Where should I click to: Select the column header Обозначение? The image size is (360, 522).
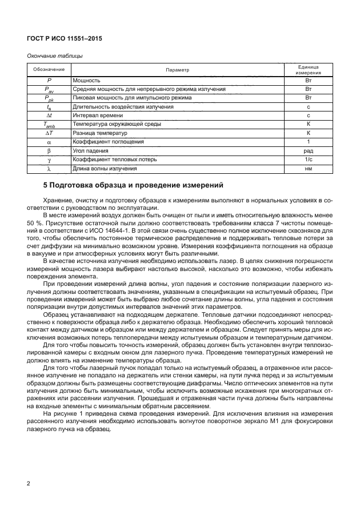click(49, 70)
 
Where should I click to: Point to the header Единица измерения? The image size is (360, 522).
click(307, 70)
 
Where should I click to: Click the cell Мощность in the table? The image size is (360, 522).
click(87, 81)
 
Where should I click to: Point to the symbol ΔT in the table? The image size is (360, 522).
click(49, 133)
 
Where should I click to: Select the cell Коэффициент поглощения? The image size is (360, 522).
click(108, 141)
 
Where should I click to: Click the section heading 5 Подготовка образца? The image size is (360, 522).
click(133, 186)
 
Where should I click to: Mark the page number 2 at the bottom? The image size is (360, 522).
click(29, 484)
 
